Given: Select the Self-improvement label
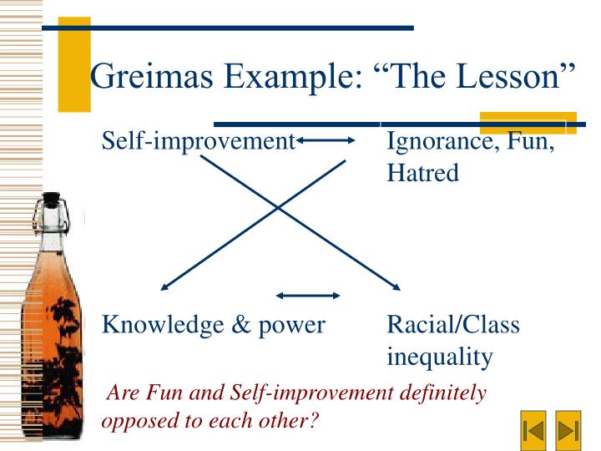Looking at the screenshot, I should [198, 141].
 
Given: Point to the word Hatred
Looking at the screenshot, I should [422, 174].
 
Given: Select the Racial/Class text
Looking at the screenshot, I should [452, 325].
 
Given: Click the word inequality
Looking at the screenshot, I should [439, 357].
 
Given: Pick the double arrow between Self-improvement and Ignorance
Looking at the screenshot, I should [326, 141].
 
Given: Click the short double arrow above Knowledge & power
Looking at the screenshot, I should [308, 295].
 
